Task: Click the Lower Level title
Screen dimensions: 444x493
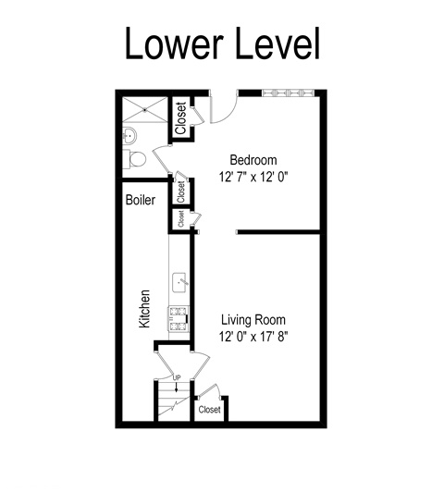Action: (x=222, y=43)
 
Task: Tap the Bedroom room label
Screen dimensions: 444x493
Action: (x=253, y=160)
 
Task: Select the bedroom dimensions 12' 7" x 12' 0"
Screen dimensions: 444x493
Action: (x=253, y=177)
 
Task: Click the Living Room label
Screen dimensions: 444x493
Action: (x=253, y=320)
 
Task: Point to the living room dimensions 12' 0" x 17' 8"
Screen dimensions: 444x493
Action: (x=253, y=337)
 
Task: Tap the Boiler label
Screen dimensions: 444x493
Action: (x=141, y=200)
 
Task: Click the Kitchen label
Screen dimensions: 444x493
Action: (x=144, y=309)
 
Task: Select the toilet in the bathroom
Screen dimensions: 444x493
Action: (x=134, y=159)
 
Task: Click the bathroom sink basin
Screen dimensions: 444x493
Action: (x=129, y=136)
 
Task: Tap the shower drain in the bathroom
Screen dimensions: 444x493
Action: (x=144, y=110)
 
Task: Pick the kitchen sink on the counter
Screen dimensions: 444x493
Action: (x=180, y=283)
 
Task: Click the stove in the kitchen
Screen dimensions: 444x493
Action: (x=179, y=319)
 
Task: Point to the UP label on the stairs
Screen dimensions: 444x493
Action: (x=177, y=377)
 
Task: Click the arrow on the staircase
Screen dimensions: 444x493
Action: (x=177, y=387)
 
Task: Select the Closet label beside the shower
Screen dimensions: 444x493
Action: (x=180, y=118)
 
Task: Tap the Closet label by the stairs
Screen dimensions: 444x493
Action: (x=209, y=410)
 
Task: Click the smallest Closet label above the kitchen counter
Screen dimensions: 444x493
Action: (x=180, y=218)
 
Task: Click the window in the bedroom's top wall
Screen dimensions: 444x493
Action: (x=288, y=92)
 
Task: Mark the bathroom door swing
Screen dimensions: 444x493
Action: (x=160, y=159)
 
